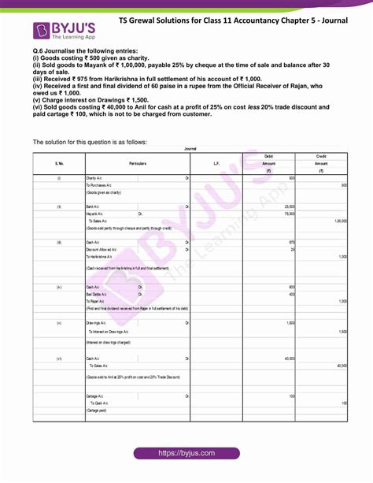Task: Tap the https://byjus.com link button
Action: (x=186, y=455)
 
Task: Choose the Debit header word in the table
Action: (x=269, y=157)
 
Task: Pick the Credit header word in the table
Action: (x=321, y=157)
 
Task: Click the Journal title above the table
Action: (x=190, y=148)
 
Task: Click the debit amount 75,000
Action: (x=287, y=214)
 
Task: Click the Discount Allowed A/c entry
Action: (x=104, y=249)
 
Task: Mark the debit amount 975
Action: (x=291, y=242)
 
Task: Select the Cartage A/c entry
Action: (x=97, y=396)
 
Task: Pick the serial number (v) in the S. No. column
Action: (x=59, y=324)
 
